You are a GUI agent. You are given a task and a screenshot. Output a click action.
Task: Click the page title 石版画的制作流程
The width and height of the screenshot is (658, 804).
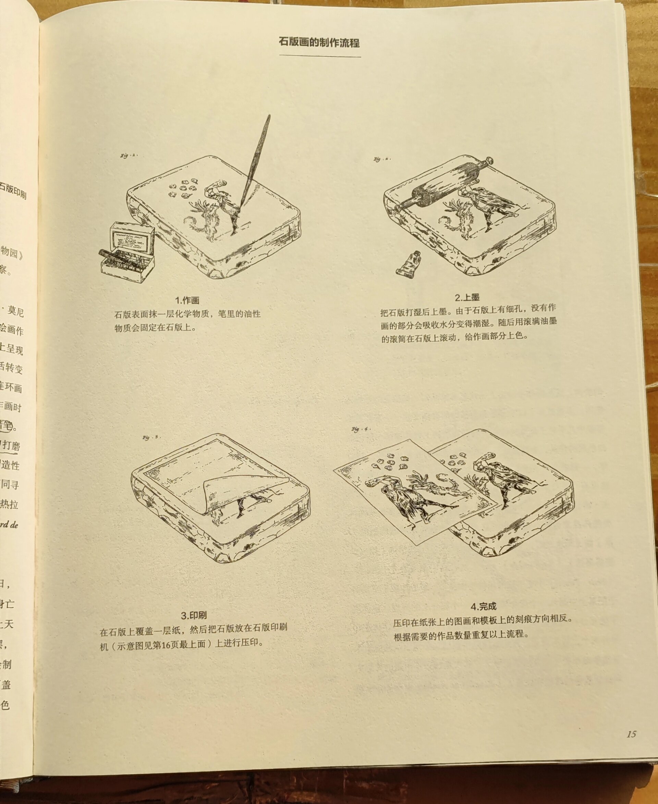[319, 42]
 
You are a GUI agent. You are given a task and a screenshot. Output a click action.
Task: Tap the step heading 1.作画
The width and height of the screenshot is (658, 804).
[187, 300]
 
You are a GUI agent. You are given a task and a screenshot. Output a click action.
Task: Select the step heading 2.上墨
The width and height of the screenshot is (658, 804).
[467, 297]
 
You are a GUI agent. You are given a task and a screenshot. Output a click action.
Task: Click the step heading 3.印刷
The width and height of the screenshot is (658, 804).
[194, 615]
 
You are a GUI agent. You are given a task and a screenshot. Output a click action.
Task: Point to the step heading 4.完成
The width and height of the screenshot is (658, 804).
[483, 606]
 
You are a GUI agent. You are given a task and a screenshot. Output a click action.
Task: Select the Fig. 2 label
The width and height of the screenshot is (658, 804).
[381, 160]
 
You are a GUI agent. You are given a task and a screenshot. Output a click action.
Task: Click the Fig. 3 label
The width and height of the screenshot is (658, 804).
[151, 437]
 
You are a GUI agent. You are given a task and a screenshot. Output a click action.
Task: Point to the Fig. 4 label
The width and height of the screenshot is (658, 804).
[360, 429]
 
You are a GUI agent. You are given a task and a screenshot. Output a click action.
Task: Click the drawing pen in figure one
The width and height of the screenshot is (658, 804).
[256, 159]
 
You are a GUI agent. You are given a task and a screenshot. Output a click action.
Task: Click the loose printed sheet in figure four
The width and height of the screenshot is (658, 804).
[413, 493]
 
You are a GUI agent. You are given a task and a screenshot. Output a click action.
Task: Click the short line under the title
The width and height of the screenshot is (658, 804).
[320, 57]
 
